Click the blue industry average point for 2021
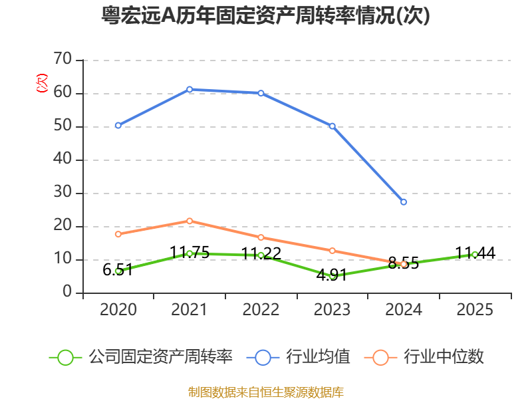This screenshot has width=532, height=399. click(x=190, y=89)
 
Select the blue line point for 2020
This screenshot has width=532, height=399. click(x=118, y=125)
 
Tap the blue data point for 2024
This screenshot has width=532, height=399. click(x=404, y=201)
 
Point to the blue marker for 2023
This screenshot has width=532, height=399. click(x=332, y=126)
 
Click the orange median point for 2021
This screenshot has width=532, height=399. click(x=190, y=221)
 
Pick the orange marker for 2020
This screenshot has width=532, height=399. click(x=118, y=234)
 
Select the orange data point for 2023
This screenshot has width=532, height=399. click(x=332, y=251)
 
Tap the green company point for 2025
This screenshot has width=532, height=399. click(x=475, y=254)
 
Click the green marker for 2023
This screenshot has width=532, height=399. click(x=332, y=275)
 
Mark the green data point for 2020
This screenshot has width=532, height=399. click(x=118, y=271)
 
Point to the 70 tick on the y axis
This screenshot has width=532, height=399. click(x=63, y=60)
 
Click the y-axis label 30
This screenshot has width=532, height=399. click(x=63, y=193)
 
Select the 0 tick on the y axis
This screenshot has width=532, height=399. click(x=67, y=293)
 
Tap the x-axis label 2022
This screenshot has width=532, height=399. click(x=261, y=310)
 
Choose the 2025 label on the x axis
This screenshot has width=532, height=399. click(x=475, y=310)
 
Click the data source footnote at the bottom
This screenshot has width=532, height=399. click(x=266, y=392)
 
